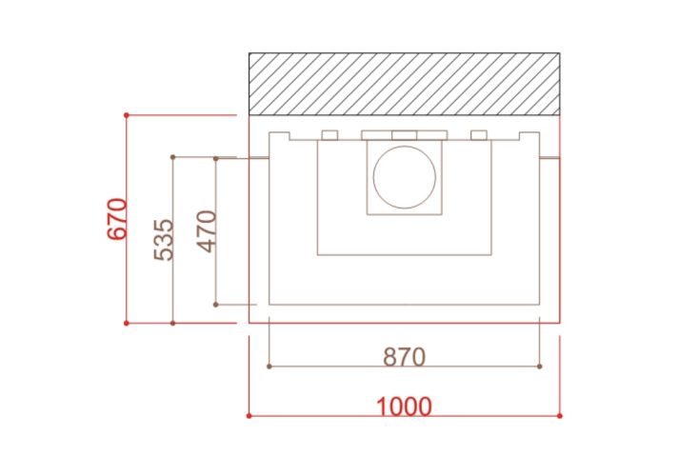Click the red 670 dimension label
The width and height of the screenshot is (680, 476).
point(117,219)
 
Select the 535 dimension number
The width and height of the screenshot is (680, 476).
point(164,240)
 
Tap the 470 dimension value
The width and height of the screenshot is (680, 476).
point(207,231)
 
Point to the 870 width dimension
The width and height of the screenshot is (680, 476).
point(404,357)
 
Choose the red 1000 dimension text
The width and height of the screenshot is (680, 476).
point(404,407)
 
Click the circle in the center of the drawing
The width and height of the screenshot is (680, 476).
point(404,177)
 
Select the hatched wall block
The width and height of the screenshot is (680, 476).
point(404,84)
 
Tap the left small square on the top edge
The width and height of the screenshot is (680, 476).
point(330,135)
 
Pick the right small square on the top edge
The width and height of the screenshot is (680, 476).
point(479,135)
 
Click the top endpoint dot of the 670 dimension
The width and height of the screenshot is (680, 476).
point(127,115)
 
